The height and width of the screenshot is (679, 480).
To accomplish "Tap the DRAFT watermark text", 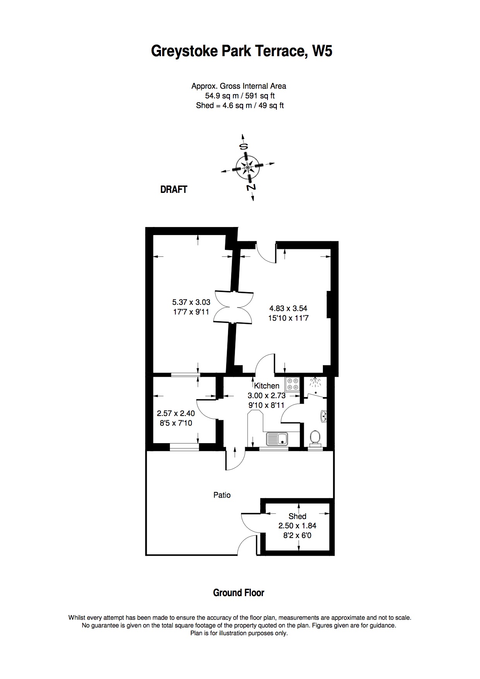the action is click(174, 189).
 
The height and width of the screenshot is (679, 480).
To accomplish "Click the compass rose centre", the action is click(247, 167).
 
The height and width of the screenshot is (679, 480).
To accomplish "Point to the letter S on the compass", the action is click(243, 147).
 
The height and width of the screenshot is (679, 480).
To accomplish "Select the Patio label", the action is click(222, 495).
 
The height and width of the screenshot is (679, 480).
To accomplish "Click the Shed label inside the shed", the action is click(297, 516).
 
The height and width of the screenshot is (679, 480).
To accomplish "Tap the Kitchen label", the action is click(266, 386).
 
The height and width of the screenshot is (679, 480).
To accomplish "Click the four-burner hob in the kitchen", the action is click(292, 384).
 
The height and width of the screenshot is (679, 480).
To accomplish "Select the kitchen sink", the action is click(277, 439).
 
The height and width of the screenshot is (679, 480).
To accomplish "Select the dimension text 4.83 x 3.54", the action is click(288, 308).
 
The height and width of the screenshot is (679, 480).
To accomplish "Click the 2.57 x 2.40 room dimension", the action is click(176, 414).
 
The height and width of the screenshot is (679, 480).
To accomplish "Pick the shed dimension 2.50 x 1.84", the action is click(297, 526).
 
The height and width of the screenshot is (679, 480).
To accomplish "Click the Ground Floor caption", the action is click(239, 593).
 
